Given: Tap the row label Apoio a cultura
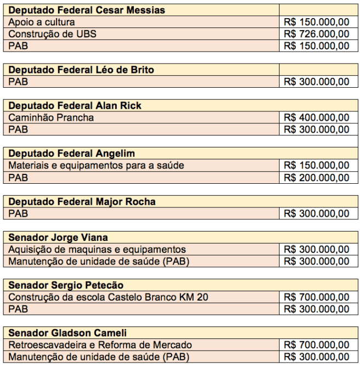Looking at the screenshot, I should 42,23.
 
